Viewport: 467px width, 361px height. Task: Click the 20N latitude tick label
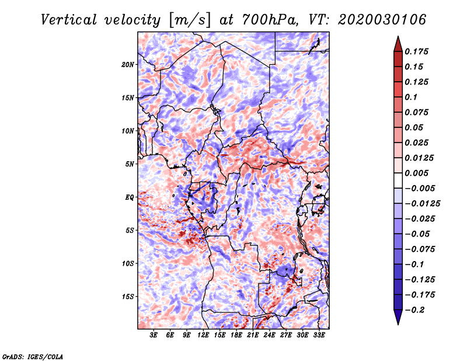click(x=128, y=65)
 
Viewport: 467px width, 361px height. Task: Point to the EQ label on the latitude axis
click(x=129, y=197)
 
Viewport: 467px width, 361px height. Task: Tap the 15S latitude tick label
click(x=128, y=297)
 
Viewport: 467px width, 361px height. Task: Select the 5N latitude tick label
click(x=130, y=164)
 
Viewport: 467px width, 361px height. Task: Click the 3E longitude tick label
click(x=154, y=335)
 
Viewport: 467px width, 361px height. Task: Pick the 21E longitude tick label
click(x=253, y=335)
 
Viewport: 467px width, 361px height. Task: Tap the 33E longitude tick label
click(x=319, y=335)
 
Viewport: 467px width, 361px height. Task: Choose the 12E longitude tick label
click(x=203, y=335)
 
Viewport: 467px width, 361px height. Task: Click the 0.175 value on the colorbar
click(x=416, y=51)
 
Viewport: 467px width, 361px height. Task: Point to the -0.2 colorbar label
click(x=414, y=310)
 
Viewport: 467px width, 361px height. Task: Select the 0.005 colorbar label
click(x=416, y=173)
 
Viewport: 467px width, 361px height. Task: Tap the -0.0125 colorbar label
click(x=422, y=204)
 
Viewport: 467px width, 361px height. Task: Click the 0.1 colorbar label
click(x=411, y=97)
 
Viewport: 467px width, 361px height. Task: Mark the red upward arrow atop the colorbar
click(x=398, y=44)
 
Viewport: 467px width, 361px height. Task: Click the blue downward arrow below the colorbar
click(x=398, y=317)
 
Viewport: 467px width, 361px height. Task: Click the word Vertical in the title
click(x=69, y=20)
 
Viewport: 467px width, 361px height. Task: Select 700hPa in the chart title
click(x=270, y=20)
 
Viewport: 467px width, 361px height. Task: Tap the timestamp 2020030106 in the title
click(x=382, y=20)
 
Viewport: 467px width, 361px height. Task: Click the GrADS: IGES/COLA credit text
click(x=33, y=357)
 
